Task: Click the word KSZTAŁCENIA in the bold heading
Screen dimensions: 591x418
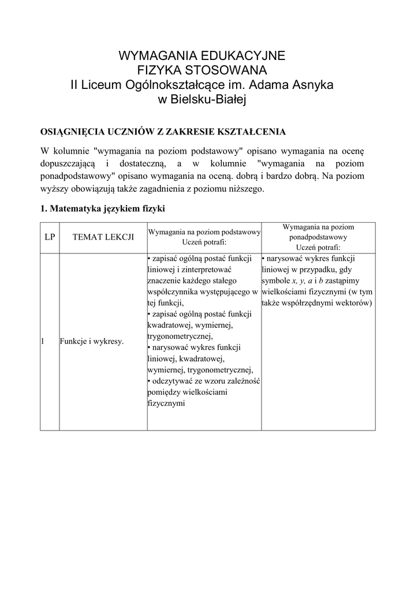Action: tap(251, 132)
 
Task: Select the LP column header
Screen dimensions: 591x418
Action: tap(50, 237)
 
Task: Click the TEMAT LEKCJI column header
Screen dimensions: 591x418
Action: tap(103, 237)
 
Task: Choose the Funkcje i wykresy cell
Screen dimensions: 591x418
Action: tap(92, 342)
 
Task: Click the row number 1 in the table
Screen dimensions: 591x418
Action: tap(43, 342)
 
